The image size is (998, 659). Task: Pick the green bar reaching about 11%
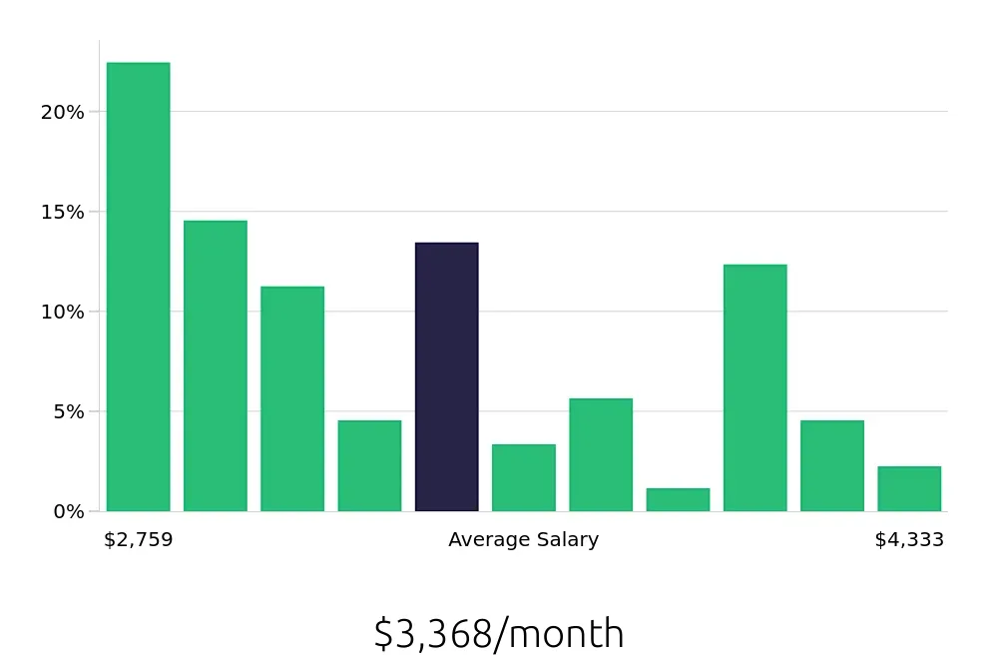point(292,398)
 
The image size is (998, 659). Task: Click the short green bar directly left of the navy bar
point(369,465)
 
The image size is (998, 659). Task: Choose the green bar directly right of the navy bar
point(523,477)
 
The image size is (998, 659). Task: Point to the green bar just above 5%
point(601,454)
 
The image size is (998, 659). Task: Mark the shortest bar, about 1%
point(678,499)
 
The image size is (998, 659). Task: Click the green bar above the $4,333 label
point(909,488)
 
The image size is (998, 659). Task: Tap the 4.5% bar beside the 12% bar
point(831,465)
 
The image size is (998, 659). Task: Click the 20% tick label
point(62,112)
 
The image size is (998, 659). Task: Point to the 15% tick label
point(62,212)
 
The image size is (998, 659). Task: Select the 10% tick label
point(62,312)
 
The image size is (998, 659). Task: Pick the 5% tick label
point(67,411)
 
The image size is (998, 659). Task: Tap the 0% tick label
point(69,511)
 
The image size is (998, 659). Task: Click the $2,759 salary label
point(139,540)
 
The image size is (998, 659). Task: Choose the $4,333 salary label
point(909,540)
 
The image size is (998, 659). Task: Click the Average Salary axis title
point(523,540)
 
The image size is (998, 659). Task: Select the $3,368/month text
point(499,634)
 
